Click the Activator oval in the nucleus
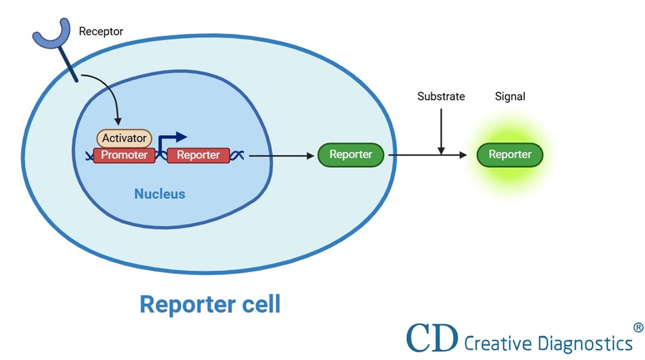[x=124, y=138]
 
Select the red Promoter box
[x=124, y=155]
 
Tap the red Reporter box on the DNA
[x=198, y=155]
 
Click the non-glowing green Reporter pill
[x=350, y=155]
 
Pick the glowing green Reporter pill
[x=510, y=155]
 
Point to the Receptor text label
[x=101, y=32]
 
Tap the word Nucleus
[x=160, y=194]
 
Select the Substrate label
[x=441, y=97]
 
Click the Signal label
[x=510, y=97]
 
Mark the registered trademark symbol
[x=638, y=327]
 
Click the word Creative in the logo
[x=495, y=343]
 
